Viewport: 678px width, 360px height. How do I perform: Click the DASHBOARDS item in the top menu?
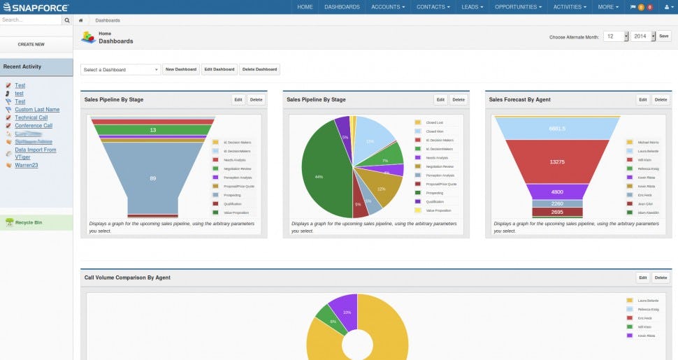(x=342, y=7)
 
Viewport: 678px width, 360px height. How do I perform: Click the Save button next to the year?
(x=663, y=36)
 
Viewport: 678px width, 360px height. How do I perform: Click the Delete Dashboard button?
(x=259, y=69)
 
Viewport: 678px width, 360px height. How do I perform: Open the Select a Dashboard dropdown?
(x=121, y=70)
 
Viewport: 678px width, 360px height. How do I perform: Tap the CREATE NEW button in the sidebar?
(x=31, y=44)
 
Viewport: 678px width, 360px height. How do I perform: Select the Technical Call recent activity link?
(x=31, y=117)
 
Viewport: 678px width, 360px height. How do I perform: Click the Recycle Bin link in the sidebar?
(x=28, y=222)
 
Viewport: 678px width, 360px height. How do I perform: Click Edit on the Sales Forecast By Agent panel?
(x=643, y=100)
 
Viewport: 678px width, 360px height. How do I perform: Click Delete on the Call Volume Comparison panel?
(x=661, y=278)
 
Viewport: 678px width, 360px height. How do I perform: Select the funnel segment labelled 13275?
(x=557, y=161)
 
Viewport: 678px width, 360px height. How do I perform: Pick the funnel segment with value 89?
(x=152, y=178)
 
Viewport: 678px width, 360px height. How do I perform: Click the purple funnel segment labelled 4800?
(x=557, y=192)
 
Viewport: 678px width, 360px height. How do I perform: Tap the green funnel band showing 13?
(x=152, y=130)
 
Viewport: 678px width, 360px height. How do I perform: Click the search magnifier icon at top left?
(x=67, y=20)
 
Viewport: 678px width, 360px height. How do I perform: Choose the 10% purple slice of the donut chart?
(x=344, y=311)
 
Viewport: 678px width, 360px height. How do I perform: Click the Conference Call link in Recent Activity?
(x=33, y=126)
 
